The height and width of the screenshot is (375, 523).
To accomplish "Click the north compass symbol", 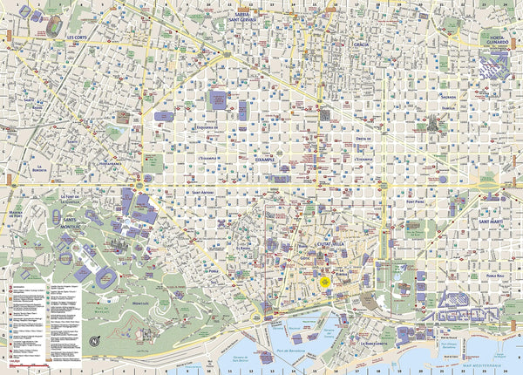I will pyautogui.click(x=94, y=339).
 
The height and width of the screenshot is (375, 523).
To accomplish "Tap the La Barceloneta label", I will pyautogui.click(x=373, y=343).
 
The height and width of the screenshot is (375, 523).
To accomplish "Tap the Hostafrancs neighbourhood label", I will pyautogui.click(x=110, y=164).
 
